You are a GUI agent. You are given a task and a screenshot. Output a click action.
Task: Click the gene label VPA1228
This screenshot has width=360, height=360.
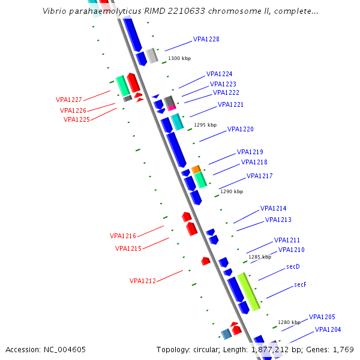pos(206,39)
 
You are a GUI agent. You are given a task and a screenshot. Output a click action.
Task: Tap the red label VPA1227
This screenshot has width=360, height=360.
pos(69,100)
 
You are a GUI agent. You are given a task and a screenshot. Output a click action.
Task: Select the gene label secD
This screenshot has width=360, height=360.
pos(293,266)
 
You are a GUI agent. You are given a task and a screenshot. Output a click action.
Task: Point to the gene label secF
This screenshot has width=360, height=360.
pos(300,284)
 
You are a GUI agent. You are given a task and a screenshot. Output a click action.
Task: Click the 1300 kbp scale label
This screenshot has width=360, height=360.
pos(179,58)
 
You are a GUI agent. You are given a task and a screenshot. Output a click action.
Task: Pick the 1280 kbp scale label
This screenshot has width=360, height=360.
pos(289,322)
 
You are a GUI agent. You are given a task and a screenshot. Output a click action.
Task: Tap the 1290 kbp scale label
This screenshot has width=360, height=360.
pos(232,191)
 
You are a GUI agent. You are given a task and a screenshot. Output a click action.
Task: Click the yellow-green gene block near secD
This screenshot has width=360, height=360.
pos(248,291)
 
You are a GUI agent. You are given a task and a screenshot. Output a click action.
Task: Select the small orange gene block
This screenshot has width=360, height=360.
pos(196,170)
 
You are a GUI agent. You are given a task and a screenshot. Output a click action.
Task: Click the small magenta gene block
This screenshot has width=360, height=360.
pos(172,107)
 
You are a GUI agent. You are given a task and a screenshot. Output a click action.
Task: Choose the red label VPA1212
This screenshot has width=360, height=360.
pos(143,281)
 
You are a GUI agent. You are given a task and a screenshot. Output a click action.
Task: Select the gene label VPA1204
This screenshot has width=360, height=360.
pos(328,329)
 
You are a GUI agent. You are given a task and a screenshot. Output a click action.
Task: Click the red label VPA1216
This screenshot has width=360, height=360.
pos(122,236)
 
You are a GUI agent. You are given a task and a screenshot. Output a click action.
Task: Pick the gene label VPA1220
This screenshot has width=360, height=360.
pos(240,129)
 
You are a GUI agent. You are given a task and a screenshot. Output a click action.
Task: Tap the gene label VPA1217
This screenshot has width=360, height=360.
pos(259,176)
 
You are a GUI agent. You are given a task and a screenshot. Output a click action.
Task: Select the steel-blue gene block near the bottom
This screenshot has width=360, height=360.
pos(226,334)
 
